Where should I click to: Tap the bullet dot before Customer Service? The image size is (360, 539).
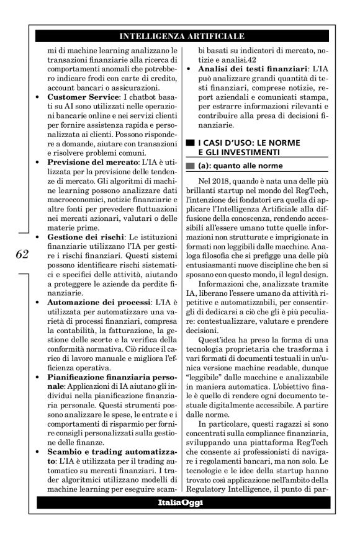click(x=40, y=99)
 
